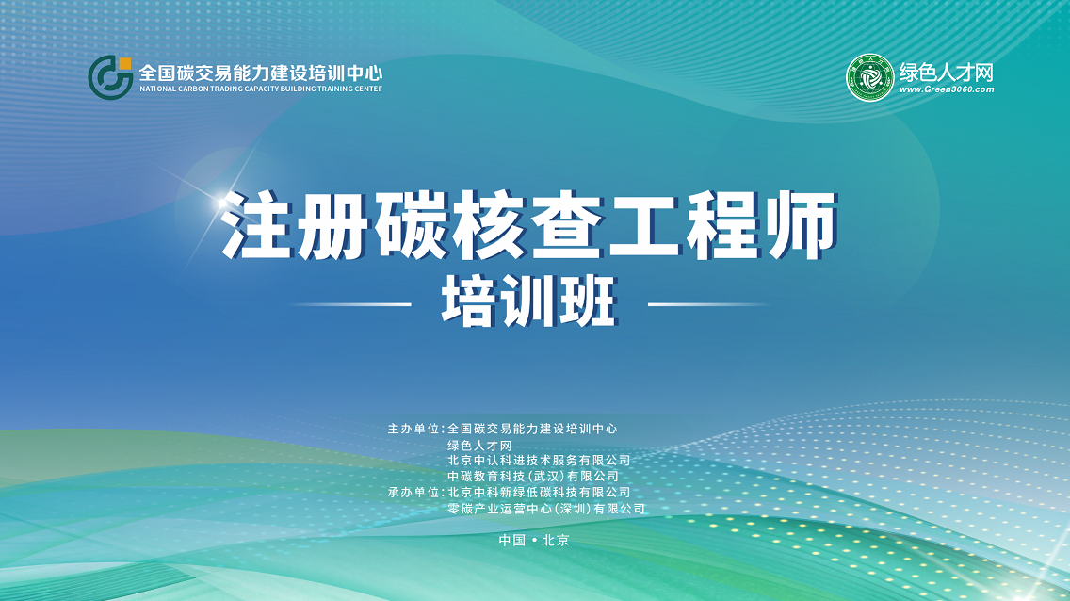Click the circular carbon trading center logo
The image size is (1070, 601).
click(x=110, y=78)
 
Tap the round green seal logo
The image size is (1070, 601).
click(x=870, y=78)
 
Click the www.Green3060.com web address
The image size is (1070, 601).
click(x=947, y=89)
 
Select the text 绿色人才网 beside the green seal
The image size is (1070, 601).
click(x=947, y=72)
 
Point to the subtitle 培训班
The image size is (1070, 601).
click(x=529, y=302)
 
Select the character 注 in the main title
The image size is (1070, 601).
click(x=257, y=224)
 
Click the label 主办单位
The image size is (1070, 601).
click(x=413, y=430)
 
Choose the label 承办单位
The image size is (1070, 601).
click(x=413, y=493)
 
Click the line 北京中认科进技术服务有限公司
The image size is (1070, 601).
click(x=539, y=461)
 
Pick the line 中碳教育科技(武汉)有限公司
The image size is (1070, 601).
click(x=533, y=476)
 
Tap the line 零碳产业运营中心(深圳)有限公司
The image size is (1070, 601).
click(x=546, y=509)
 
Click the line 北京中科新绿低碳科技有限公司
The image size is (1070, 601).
click(x=539, y=493)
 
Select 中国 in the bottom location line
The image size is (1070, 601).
click(x=511, y=541)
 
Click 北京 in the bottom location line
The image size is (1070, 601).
click(x=556, y=541)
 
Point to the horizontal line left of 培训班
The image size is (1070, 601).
click(x=350, y=304)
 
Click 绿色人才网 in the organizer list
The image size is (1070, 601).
click(x=479, y=446)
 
